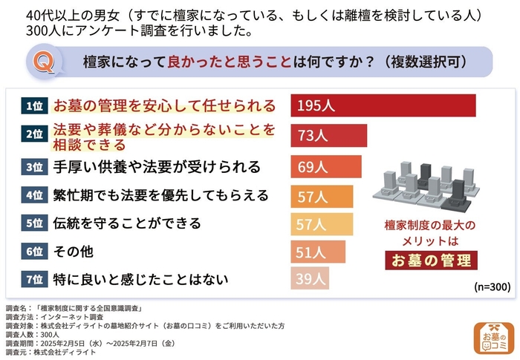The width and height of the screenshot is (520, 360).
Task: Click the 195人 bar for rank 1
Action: [x=383, y=105]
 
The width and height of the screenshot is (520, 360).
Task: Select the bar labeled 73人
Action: [x=328, y=136]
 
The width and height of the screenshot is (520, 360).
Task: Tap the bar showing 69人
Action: [x=325, y=166]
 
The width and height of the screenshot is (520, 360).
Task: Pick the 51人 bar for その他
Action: [x=317, y=252]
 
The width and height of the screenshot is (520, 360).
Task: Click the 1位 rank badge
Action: [x=33, y=106]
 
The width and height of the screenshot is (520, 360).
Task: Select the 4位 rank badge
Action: [x=33, y=196]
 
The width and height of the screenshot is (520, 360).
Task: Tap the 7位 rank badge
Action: [x=33, y=280]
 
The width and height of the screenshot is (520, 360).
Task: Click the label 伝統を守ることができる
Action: [x=127, y=223]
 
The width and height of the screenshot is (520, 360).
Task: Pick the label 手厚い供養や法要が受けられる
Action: [x=157, y=166]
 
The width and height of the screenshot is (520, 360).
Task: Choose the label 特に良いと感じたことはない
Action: [x=140, y=280]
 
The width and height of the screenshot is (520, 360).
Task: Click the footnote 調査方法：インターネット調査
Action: [x=56, y=316]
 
